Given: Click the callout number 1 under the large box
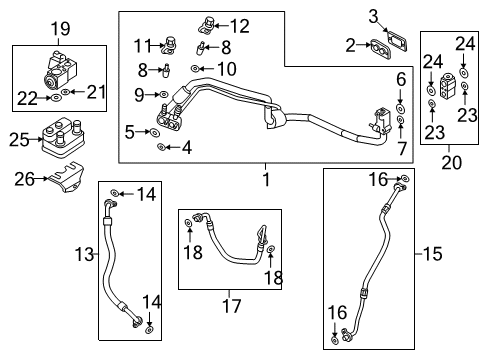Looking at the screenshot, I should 265,179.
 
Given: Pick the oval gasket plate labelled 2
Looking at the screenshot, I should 380,46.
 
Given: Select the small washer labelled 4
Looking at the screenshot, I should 162,147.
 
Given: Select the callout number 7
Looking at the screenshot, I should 401,149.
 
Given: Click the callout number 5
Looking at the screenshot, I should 131,131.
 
